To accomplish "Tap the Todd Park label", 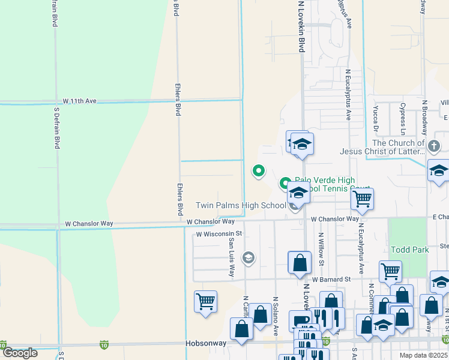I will pyautogui.click(x=408, y=250).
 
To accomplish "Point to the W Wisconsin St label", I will pyautogui.click(x=218, y=233).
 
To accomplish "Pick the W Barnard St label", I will pyautogui.click(x=330, y=280).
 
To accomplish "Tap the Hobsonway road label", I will pyautogui.click(x=206, y=344).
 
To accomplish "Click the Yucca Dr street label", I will pyautogui.click(x=375, y=119).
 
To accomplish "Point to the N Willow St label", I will pyautogui.click(x=321, y=249).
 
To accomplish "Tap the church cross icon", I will pyautogui.click(x=435, y=145).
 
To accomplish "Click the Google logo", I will pyautogui.click(x=20, y=353).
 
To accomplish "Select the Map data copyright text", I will pyautogui.click(x=422, y=355).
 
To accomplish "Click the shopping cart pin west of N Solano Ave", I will pyautogui.click(x=205, y=301).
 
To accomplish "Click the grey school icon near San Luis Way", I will pyautogui.click(x=247, y=258).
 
